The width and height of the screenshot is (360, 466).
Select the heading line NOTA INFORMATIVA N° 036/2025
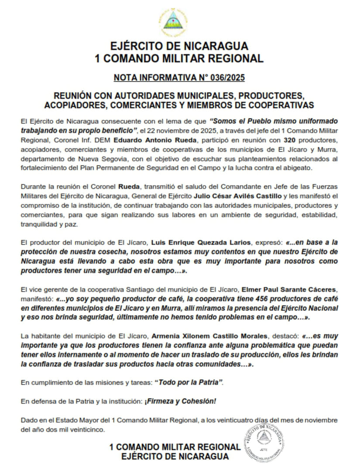point(179,78)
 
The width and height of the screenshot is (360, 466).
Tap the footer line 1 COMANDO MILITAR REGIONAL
point(175,447)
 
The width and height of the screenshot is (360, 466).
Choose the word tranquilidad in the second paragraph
point(38,224)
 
